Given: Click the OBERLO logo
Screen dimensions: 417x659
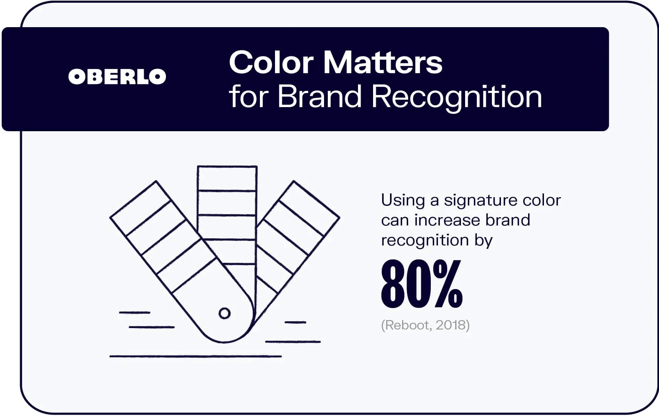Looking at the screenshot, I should tap(117, 77).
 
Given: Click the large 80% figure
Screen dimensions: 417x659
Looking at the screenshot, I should tap(421, 284).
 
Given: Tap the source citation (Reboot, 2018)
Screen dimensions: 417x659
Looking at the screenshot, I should tap(425, 325).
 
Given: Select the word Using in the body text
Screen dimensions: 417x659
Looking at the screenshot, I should tap(402, 201).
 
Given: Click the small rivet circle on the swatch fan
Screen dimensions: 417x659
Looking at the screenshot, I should tap(224, 313).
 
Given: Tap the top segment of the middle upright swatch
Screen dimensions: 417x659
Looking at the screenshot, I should tap(227, 178).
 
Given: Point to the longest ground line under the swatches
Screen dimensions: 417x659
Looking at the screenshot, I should tap(195, 356).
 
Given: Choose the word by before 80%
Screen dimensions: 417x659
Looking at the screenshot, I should tap(484, 241).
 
